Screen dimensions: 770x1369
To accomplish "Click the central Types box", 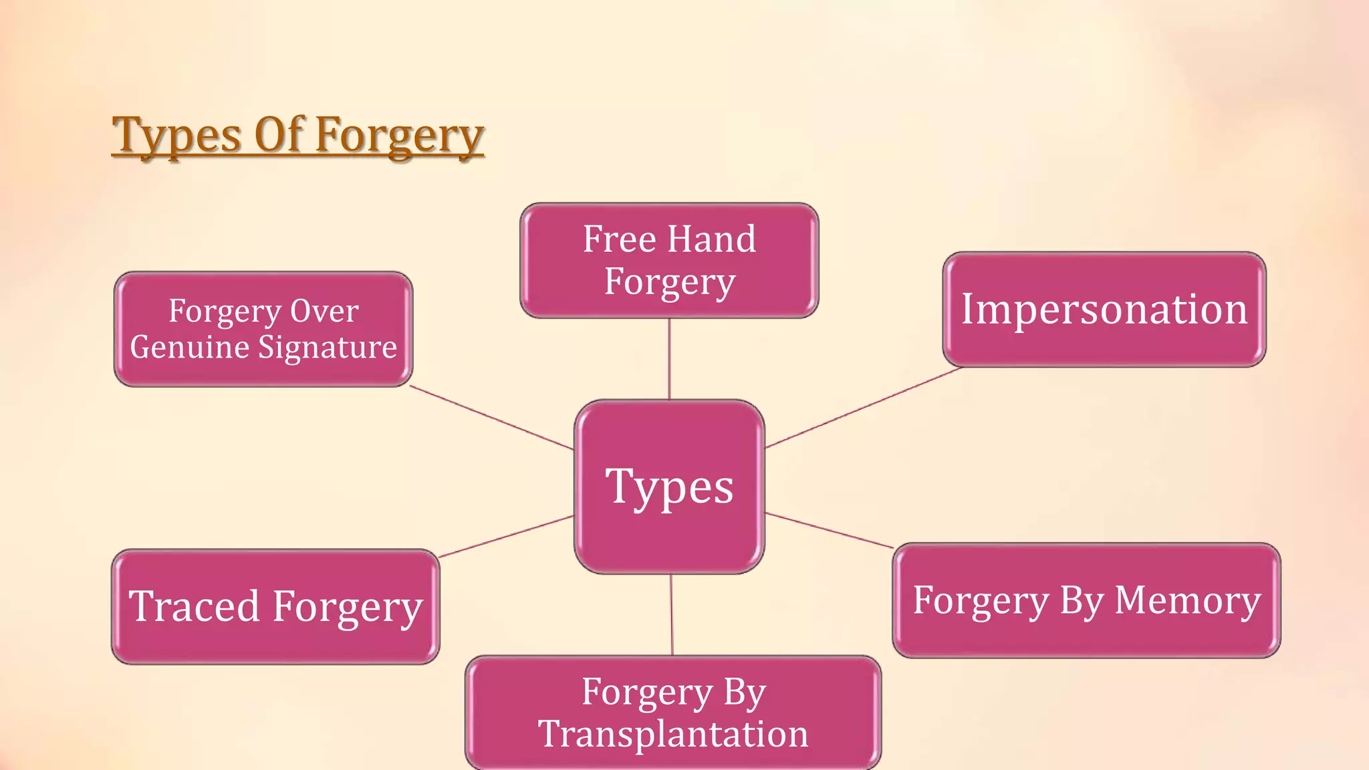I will (x=669, y=487).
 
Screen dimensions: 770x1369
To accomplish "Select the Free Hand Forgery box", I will (x=669, y=261).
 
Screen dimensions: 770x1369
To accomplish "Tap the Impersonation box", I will (x=1104, y=309).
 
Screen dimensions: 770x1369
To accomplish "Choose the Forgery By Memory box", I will (x=1086, y=600).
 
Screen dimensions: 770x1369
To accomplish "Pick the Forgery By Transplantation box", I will (x=673, y=713).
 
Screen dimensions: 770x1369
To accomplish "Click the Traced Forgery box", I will (x=275, y=607).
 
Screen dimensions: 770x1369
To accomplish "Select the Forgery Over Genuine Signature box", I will (x=263, y=329).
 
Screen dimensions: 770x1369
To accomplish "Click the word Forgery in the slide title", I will (x=399, y=136).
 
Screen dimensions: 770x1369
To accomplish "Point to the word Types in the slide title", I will (x=176, y=136).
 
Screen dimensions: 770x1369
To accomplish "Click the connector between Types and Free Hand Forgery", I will (x=669, y=359).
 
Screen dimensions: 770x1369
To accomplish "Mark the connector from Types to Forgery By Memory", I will (x=829, y=531).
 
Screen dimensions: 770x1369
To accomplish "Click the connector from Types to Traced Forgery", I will (x=506, y=536).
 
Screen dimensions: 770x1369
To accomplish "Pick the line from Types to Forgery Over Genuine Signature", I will (x=491, y=418).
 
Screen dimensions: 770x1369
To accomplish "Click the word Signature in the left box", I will (x=328, y=348).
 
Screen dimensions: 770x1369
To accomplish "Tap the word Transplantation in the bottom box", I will (x=673, y=734).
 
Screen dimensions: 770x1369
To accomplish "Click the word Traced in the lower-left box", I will (x=194, y=607).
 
